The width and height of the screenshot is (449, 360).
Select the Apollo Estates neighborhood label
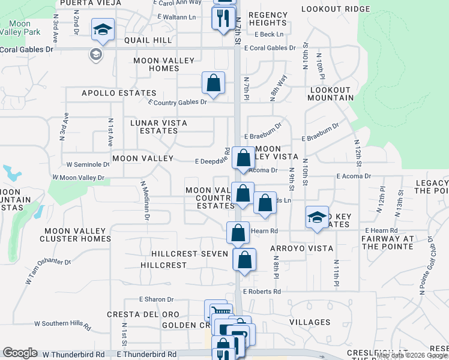[119, 93]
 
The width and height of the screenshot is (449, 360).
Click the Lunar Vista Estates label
[159, 127]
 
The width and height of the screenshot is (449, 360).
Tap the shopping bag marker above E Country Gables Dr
[213, 84]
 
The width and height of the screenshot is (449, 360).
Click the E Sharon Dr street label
[156, 299]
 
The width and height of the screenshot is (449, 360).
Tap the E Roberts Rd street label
[262, 292]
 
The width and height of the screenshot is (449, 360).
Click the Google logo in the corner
[20, 353]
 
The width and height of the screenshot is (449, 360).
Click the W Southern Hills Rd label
[62, 324]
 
